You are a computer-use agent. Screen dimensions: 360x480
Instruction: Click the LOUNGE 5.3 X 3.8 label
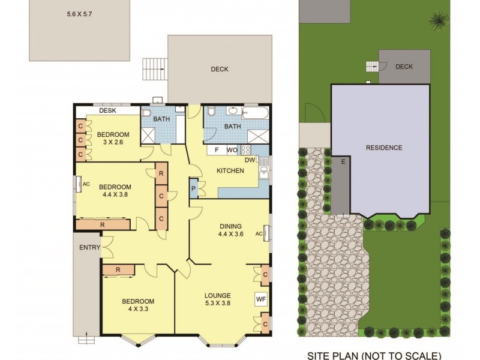pyautogui.click(x=217, y=299)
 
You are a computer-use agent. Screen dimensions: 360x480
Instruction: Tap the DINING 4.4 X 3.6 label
pyautogui.click(x=231, y=230)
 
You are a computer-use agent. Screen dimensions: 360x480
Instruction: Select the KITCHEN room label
pyautogui.click(x=230, y=171)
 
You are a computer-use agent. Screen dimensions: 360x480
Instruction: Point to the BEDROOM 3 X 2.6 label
pyautogui.click(x=113, y=138)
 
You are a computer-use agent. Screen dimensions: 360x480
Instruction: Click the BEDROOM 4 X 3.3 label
pyautogui.click(x=138, y=305)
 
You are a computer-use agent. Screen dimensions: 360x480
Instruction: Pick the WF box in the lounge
pyautogui.click(x=261, y=298)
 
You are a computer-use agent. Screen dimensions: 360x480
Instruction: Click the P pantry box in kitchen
pyautogui.click(x=194, y=188)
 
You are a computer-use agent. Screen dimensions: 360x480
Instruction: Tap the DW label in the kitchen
pyautogui.click(x=250, y=160)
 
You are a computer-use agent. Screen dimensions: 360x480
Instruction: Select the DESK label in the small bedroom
pyautogui.click(x=107, y=110)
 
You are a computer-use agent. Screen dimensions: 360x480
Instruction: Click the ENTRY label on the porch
pyautogui.click(x=89, y=247)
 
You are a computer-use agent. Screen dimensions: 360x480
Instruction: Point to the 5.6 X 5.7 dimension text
pyautogui.click(x=79, y=13)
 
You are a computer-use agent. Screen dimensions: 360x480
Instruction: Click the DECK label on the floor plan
pyautogui.click(x=220, y=69)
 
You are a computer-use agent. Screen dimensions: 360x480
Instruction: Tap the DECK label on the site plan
pyautogui.click(x=404, y=67)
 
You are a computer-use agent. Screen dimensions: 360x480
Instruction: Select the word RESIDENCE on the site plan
pyautogui.click(x=385, y=148)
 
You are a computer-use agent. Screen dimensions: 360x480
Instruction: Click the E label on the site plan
pyautogui.click(x=343, y=162)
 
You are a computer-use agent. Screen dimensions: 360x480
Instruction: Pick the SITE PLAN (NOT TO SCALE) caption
pyautogui.click(x=374, y=355)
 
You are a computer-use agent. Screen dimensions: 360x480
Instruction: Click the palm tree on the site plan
pyautogui.click(x=437, y=20)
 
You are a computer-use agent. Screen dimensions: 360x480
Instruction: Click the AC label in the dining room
pyautogui.click(x=259, y=233)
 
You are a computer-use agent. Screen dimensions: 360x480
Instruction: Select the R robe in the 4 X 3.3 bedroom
pyautogui.click(x=118, y=270)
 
